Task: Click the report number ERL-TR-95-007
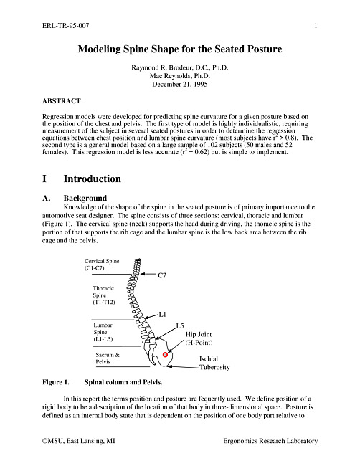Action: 66,26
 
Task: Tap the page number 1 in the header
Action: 316,26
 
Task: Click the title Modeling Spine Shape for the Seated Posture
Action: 180,49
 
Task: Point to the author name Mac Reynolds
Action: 171,76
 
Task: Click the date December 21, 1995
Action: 180,84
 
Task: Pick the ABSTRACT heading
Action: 61,101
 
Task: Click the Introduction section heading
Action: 93,179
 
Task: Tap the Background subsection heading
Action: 85,198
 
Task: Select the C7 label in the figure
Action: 162,275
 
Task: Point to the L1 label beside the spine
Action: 162,314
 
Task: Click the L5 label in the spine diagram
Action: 180,325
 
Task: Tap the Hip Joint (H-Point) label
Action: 199,338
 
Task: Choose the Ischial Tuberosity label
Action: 214,363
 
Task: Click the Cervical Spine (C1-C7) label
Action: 102,265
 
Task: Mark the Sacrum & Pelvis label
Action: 108,358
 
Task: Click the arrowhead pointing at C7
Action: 143,274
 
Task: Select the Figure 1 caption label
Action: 56,382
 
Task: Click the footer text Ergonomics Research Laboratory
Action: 270,441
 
